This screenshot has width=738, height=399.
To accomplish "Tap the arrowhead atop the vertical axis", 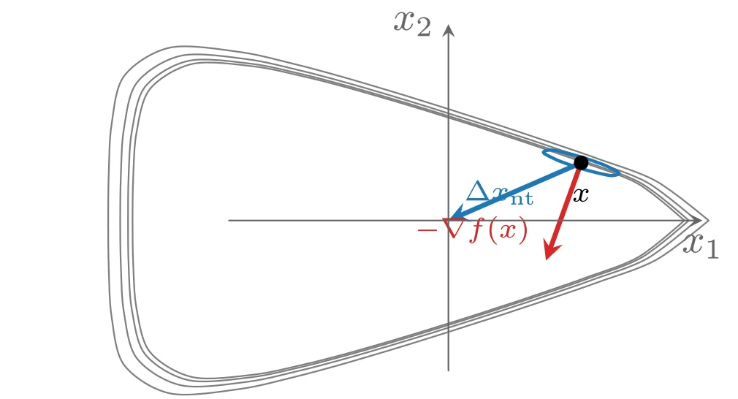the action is point(449,30).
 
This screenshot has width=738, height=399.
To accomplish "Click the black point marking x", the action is point(582,163).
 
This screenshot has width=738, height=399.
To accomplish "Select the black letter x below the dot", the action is point(581,194).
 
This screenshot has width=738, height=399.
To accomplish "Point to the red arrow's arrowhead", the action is point(551,249).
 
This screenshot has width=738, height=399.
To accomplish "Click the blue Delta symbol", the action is point(478,191).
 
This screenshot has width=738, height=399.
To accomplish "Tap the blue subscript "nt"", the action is point(522,198).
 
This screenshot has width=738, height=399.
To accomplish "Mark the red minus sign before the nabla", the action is point(427,230).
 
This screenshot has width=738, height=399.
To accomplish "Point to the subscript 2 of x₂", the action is point(423,28).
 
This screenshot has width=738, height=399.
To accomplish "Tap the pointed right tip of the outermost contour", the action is point(708,220).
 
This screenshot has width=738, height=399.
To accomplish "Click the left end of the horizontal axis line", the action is point(229,220).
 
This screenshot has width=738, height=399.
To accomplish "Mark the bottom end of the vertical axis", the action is point(449,370).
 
